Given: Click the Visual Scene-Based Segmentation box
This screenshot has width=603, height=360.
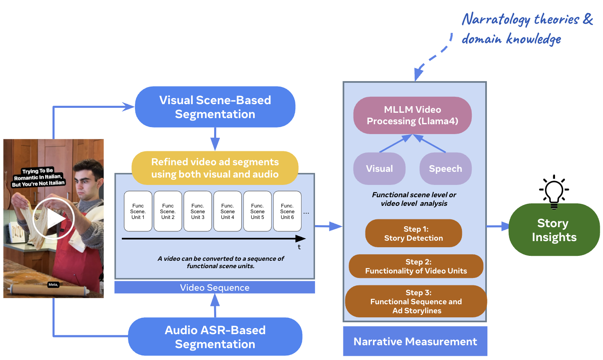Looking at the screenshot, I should tap(215, 107).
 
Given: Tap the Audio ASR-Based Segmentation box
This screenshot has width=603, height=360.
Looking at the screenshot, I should tap(215, 337).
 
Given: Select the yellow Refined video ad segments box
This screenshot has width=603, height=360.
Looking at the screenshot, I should tap(215, 168).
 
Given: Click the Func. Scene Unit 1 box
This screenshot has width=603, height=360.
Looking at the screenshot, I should tap(138, 212).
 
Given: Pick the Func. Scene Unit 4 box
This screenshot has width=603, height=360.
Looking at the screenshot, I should tap(227, 212).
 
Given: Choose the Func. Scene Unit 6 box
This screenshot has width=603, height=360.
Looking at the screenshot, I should tap(287, 212).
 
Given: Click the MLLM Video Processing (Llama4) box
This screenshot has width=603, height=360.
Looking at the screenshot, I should tap(412, 115).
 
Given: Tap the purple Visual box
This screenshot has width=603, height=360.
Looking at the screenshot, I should tap(379, 169).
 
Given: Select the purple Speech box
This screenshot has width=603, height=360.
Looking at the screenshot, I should tap(445, 169).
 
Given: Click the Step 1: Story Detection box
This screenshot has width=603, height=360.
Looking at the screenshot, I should tap(413, 233).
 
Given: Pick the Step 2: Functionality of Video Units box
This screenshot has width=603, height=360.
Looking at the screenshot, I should tap(416, 266).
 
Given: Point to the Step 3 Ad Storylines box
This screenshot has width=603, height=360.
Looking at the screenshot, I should tap(416, 301).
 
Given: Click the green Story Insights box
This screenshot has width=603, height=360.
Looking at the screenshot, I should tap(554, 230).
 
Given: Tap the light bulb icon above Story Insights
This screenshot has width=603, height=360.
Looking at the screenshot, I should tap(554, 191).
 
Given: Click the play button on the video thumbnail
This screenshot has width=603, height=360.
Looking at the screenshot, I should tap(53, 219).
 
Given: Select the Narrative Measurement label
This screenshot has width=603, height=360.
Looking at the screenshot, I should tap(415, 342).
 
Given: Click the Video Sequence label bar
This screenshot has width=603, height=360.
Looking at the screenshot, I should tap(215, 287).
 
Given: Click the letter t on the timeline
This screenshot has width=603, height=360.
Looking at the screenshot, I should tap(299, 247).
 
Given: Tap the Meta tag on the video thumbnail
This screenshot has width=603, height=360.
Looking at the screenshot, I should tap(53, 285).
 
